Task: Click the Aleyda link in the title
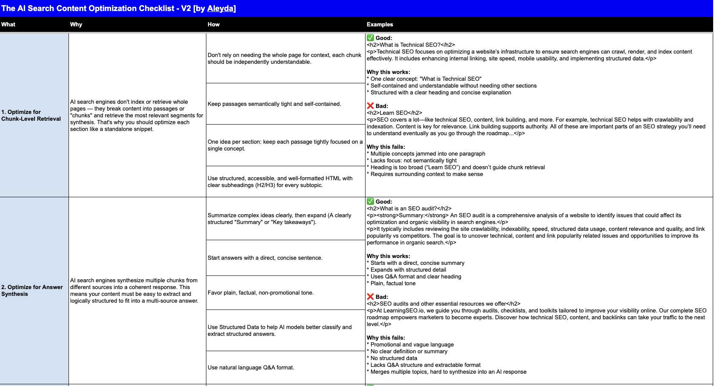pyautogui.click(x=221, y=9)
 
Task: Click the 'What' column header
pyautogui.click(x=8, y=25)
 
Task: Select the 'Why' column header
pyautogui.click(x=76, y=25)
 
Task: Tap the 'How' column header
pyautogui.click(x=214, y=25)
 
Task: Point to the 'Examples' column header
pyautogui.click(x=380, y=25)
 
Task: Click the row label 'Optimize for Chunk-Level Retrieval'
pyautogui.click(x=31, y=116)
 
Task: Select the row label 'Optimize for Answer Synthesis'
pyautogui.click(x=32, y=291)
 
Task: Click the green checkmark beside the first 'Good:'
pyautogui.click(x=370, y=38)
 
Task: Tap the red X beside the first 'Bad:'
pyautogui.click(x=370, y=106)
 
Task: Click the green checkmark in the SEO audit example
pyautogui.click(x=370, y=202)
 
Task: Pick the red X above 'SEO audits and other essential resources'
pyautogui.click(x=370, y=297)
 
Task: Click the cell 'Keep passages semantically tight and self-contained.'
pyautogui.click(x=274, y=104)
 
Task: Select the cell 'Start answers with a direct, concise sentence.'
pyautogui.click(x=265, y=258)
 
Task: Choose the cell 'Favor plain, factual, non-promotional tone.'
pyautogui.click(x=260, y=293)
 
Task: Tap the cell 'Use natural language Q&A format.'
pyautogui.click(x=251, y=368)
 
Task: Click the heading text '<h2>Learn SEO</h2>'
pyautogui.click(x=394, y=113)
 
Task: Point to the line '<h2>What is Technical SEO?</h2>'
pyautogui.click(x=411, y=45)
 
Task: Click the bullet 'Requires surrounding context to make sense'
pyautogui.click(x=426, y=174)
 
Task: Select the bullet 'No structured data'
pyautogui.click(x=394, y=358)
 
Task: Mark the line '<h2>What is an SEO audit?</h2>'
pyautogui.click(x=409, y=209)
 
